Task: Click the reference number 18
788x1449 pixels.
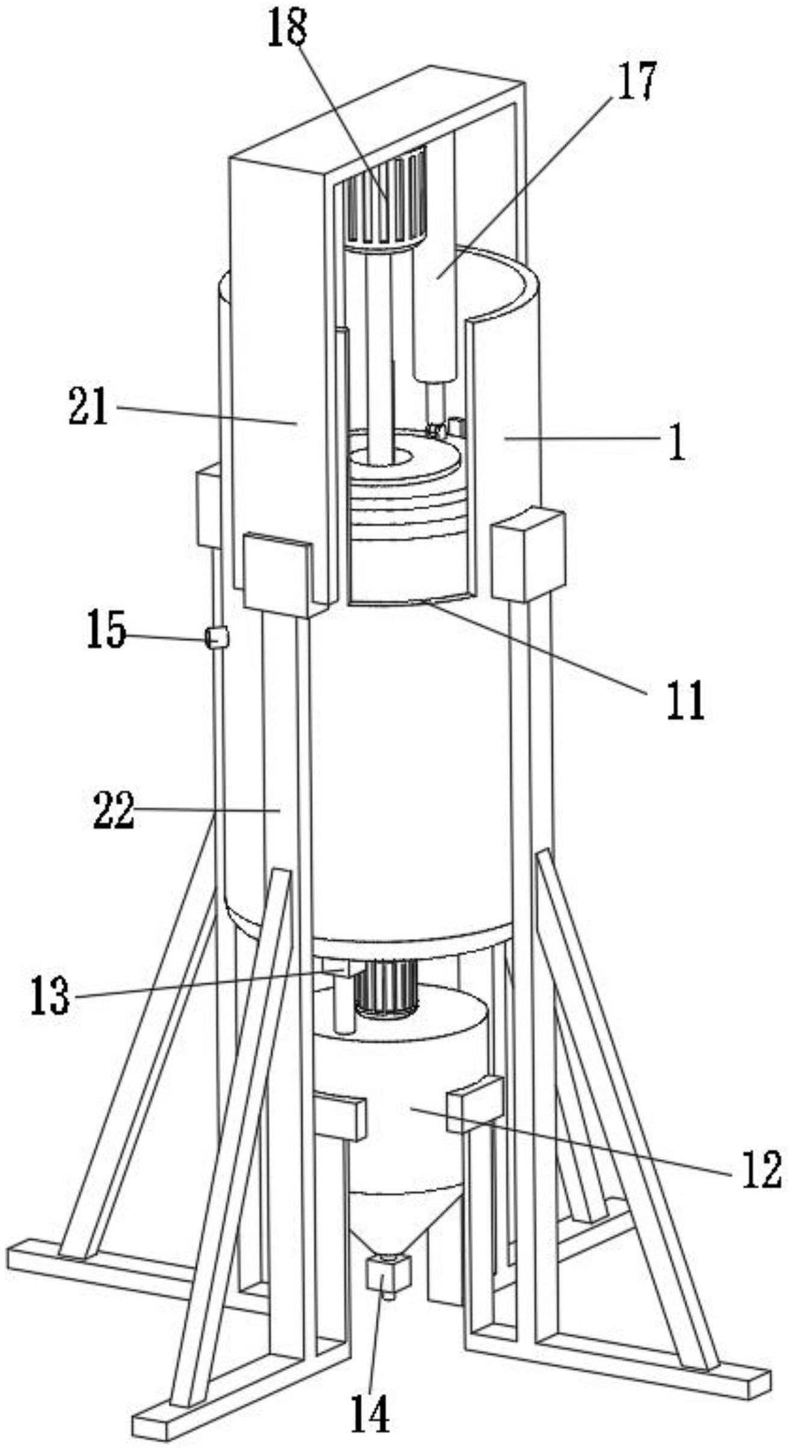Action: [x=288, y=27]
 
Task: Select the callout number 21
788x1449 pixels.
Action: [x=88, y=407]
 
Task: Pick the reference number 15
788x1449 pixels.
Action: [x=107, y=630]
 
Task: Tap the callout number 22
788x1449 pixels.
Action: [x=114, y=810]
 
